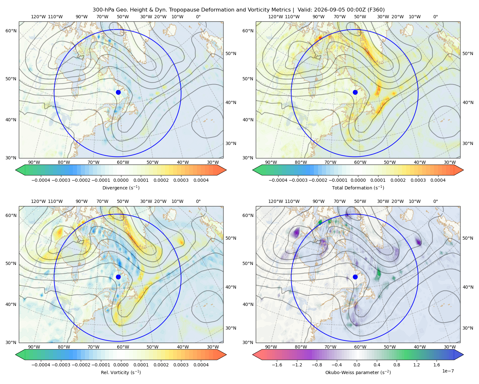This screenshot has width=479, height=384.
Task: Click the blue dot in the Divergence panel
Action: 118,92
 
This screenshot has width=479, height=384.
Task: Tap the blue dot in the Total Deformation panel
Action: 355,92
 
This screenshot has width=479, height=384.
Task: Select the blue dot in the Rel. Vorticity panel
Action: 118,277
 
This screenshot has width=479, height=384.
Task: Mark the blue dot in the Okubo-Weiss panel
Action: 355,277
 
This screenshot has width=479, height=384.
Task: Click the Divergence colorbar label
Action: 121,188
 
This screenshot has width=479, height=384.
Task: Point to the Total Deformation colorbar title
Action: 358,188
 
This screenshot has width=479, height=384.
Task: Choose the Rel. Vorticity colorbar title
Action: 121,372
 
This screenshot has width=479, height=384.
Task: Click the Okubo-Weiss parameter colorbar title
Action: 358,372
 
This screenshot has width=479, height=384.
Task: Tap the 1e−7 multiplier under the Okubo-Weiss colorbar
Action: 448,371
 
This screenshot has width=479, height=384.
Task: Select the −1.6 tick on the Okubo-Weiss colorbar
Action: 277,364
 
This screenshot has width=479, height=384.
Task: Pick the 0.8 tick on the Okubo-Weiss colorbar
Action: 397,364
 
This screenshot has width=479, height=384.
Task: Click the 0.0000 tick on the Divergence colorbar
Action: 121,180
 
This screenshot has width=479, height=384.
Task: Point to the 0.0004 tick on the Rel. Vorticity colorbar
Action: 201,364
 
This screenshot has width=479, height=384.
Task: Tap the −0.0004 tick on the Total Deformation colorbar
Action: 278,180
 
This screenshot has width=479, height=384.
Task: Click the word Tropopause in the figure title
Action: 180,10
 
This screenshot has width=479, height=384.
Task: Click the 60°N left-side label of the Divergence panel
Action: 11,31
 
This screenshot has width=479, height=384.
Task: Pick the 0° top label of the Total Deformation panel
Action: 435,17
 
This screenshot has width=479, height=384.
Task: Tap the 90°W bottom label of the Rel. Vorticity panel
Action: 34,347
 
